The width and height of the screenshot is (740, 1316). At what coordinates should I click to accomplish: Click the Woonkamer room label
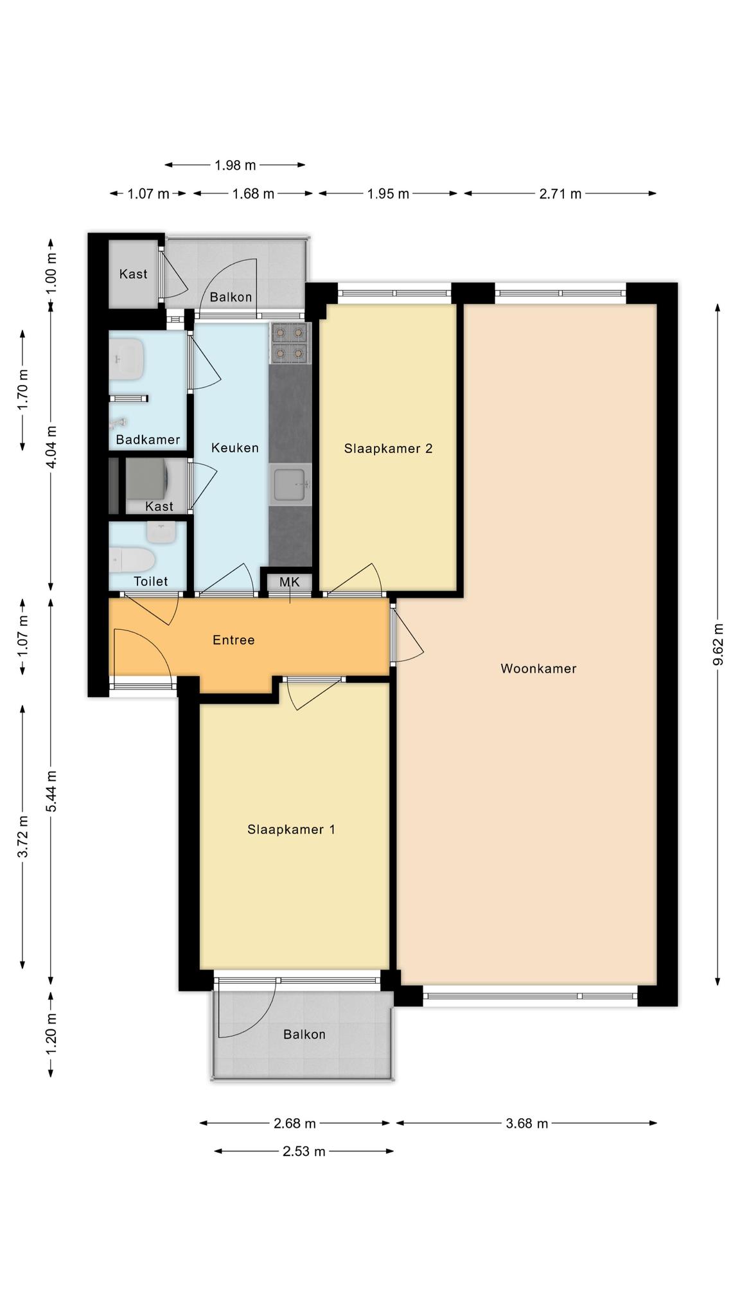point(538,668)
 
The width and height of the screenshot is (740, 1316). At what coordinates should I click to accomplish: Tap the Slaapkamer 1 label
point(291,830)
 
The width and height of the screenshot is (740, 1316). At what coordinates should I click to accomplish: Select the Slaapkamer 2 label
point(388,449)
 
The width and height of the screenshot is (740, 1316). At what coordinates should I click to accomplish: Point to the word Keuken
point(235,448)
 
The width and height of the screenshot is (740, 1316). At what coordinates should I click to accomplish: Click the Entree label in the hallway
point(234,640)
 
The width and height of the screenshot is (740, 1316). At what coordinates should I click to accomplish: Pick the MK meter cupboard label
point(290,582)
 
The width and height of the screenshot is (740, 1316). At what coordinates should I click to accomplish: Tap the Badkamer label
point(148,440)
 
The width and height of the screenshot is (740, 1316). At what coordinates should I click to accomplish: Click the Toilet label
point(150,582)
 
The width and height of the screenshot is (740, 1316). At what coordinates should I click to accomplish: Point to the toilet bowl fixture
point(132,560)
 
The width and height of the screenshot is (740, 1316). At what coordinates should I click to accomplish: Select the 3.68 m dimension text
point(527,1123)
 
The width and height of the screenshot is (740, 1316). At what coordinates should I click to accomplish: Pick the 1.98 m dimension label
point(235,165)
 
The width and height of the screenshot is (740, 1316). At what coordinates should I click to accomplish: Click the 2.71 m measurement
point(560,193)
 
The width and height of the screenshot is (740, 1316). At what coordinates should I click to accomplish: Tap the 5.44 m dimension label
point(51,791)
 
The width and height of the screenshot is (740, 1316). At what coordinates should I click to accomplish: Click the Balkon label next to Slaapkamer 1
point(304,1035)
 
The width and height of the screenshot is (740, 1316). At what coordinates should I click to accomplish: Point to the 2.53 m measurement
point(304,1151)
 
